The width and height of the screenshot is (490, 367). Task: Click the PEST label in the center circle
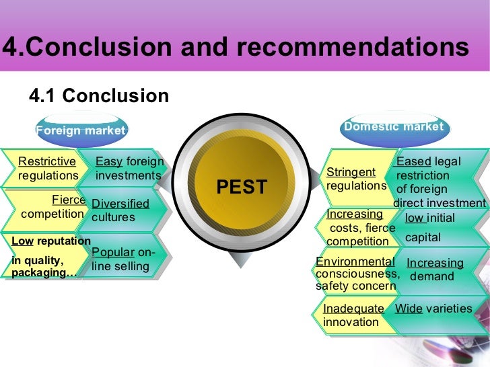(x=242, y=187)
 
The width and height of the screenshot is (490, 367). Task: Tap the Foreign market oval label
(x=81, y=130)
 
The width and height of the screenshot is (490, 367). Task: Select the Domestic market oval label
(x=394, y=126)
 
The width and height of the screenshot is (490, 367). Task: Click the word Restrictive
(x=47, y=161)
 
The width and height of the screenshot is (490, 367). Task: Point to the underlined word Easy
(x=109, y=161)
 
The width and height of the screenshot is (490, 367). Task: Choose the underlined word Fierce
(x=69, y=200)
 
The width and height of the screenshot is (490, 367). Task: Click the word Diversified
(x=120, y=204)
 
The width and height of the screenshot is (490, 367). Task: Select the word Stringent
(x=351, y=172)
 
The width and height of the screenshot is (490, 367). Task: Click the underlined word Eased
(x=414, y=161)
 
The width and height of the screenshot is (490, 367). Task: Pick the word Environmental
(x=355, y=261)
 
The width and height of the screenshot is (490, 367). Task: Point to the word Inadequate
(x=353, y=309)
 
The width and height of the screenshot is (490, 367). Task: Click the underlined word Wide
(x=409, y=309)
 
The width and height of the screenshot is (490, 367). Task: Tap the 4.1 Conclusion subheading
(x=99, y=96)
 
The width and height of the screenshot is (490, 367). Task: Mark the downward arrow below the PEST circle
(x=241, y=261)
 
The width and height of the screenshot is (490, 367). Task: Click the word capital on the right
(x=423, y=237)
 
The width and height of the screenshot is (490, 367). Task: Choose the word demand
(x=432, y=276)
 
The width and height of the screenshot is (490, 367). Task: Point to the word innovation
(x=351, y=322)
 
